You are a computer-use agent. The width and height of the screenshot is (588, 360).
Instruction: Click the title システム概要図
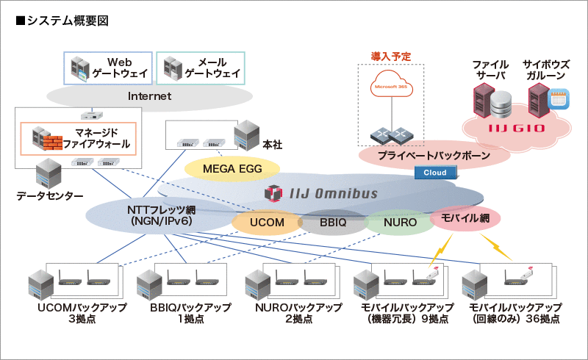62,21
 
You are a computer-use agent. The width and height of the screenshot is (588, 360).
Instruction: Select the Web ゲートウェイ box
108,68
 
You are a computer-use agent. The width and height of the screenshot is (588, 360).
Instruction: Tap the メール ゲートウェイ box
201,68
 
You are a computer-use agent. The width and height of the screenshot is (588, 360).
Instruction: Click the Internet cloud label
149,96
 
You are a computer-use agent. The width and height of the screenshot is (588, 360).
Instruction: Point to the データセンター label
50,195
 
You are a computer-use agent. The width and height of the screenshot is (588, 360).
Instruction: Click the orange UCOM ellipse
266,222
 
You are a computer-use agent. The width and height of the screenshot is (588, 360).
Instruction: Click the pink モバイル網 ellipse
465,217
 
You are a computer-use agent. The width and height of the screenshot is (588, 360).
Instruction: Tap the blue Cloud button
435,173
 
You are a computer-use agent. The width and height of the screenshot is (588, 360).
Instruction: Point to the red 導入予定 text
390,57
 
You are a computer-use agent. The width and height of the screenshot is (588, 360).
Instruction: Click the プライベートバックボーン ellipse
434,156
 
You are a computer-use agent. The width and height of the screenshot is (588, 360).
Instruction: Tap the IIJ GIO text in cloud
514,129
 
